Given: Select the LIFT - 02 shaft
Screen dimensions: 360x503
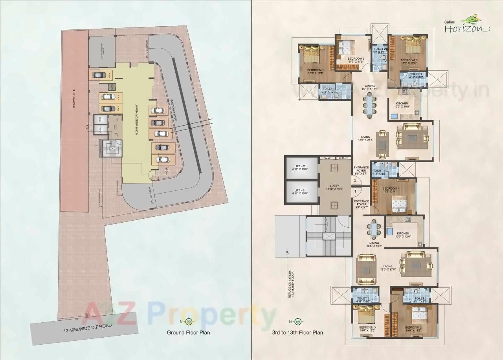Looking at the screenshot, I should point(302,168).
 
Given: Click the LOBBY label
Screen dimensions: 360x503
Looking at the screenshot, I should point(334,186).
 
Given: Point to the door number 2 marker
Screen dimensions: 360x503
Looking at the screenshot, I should point(355,181).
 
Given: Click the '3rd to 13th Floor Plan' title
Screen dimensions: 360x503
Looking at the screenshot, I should point(297,333).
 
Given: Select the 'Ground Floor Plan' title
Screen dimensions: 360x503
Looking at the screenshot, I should point(188,333).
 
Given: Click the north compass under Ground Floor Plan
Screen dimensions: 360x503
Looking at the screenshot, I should point(189,322).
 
